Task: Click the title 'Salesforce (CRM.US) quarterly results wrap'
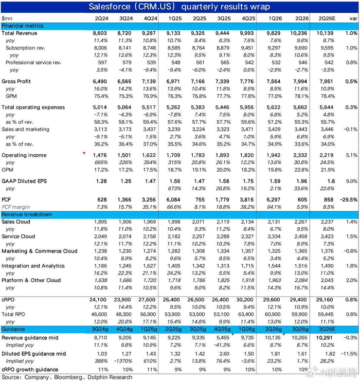(179, 7)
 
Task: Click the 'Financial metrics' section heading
(23, 25)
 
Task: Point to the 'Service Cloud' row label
(19, 237)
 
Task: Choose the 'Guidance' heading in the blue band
(13, 329)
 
